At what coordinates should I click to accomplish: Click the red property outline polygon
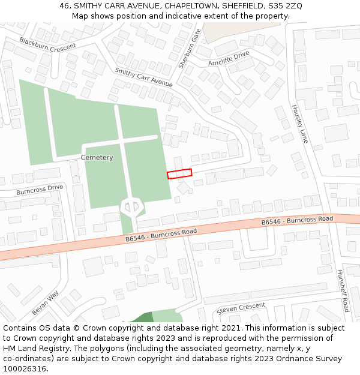click(x=179, y=174)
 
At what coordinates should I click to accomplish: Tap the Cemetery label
click(x=97, y=158)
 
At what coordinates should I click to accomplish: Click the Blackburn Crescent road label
click(x=47, y=43)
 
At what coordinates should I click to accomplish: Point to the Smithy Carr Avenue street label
click(x=143, y=77)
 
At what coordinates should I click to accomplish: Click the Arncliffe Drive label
click(x=229, y=58)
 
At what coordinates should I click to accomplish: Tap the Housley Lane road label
click(x=299, y=124)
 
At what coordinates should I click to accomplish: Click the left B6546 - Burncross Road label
click(x=161, y=235)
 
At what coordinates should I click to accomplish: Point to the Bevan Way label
click(x=45, y=303)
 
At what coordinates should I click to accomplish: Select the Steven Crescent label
click(x=241, y=308)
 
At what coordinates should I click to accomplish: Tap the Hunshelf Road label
click(x=342, y=290)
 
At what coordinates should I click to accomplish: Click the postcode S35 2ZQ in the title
click(x=285, y=6)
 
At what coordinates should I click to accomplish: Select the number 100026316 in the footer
click(x=24, y=369)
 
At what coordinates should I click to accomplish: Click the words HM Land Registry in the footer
click(x=31, y=349)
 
